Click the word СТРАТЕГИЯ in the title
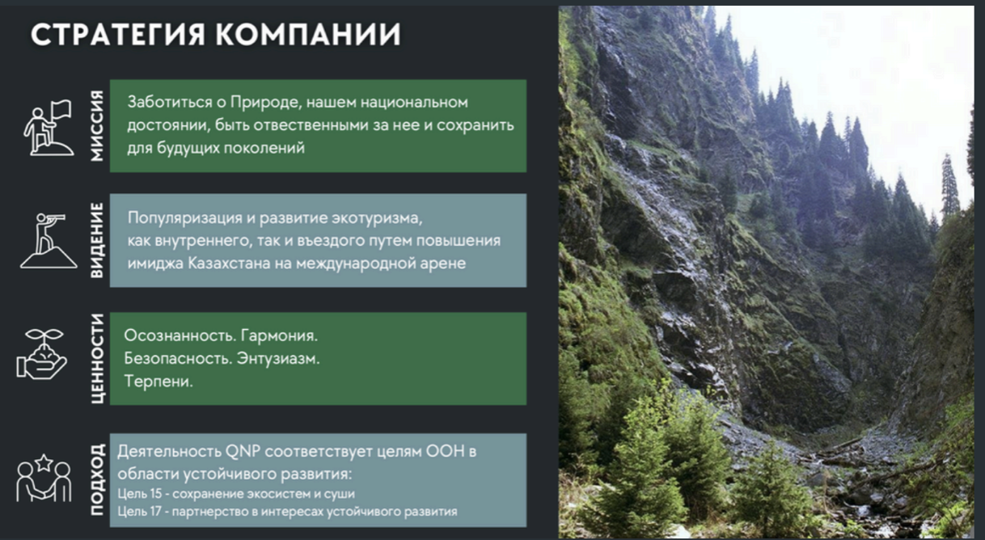[x=118, y=34]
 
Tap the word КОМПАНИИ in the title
[x=308, y=34]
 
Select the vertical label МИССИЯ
[x=97, y=125]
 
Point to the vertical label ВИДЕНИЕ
[x=97, y=240]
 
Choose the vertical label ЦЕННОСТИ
[x=97, y=358]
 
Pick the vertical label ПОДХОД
[x=97, y=479]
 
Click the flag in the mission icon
[x=61, y=109]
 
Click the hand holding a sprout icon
[x=42, y=354]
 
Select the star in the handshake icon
[x=44, y=462]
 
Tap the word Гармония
[x=279, y=336]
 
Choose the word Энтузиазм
[x=278, y=359]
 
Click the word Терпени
[x=159, y=382]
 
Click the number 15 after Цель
[x=155, y=494]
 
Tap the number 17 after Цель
[x=155, y=512]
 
